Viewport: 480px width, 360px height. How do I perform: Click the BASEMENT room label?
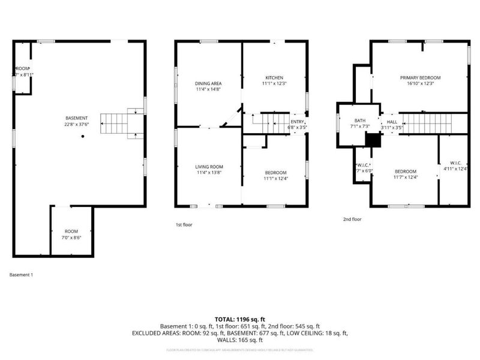click(x=77, y=118)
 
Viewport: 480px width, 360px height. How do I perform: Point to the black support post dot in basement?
click(x=83, y=137)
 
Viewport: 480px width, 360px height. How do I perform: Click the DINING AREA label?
click(x=208, y=83)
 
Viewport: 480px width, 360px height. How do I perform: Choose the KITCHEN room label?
click(x=274, y=77)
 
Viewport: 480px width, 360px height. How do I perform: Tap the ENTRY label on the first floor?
click(x=298, y=121)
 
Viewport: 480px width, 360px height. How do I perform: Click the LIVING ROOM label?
click(x=209, y=166)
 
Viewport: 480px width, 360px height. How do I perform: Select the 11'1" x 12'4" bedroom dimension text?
click(x=275, y=178)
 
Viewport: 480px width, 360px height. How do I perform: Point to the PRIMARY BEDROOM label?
click(x=421, y=78)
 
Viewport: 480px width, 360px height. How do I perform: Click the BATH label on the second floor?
click(x=358, y=121)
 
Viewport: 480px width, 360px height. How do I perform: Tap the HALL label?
click(x=392, y=121)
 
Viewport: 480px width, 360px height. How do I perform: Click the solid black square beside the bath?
click(x=373, y=139)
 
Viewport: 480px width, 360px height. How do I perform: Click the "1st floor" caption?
click(x=184, y=224)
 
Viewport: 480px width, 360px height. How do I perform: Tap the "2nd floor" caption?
click(x=352, y=220)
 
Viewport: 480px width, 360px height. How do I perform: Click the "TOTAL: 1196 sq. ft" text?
click(x=240, y=319)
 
